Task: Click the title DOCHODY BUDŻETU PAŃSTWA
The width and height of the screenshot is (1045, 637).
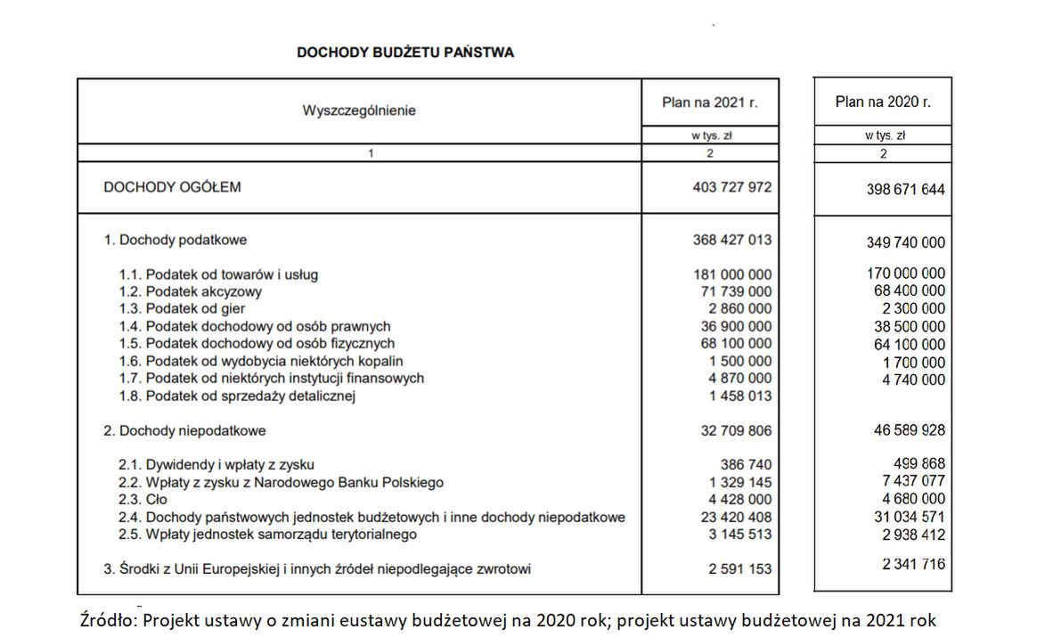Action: pyautogui.click(x=404, y=53)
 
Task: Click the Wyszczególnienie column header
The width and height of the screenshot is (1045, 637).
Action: pyautogui.click(x=359, y=111)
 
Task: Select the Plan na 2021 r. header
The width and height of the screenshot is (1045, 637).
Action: pyautogui.click(x=709, y=103)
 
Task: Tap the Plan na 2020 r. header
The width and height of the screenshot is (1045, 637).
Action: pyautogui.click(x=882, y=102)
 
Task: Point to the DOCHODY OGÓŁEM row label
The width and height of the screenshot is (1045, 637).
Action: pyautogui.click(x=172, y=188)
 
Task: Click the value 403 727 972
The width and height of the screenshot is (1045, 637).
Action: pyautogui.click(x=731, y=188)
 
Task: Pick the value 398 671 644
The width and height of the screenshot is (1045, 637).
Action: pyautogui.click(x=905, y=190)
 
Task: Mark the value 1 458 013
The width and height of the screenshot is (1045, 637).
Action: pyautogui.click(x=739, y=396)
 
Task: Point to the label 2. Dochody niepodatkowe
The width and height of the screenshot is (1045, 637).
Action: pyautogui.click(x=184, y=430)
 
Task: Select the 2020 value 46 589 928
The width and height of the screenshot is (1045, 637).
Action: pyautogui.click(x=909, y=430)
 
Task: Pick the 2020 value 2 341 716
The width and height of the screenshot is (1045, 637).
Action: pyautogui.click(x=912, y=564)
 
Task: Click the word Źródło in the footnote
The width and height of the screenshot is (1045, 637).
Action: pyautogui.click(x=109, y=620)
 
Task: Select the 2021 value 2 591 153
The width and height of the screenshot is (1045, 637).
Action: pyautogui.click(x=739, y=568)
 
